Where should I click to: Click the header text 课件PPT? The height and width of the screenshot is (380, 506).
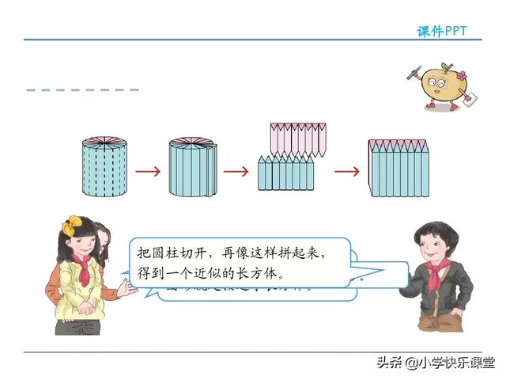click(x=442, y=31)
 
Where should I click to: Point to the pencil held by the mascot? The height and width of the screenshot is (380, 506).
click(x=413, y=74)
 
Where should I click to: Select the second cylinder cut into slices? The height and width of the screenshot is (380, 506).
click(x=192, y=168)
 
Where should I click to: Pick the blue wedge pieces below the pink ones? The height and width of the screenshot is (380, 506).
click(x=285, y=173)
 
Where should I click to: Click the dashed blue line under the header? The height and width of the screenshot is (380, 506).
click(x=82, y=90)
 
